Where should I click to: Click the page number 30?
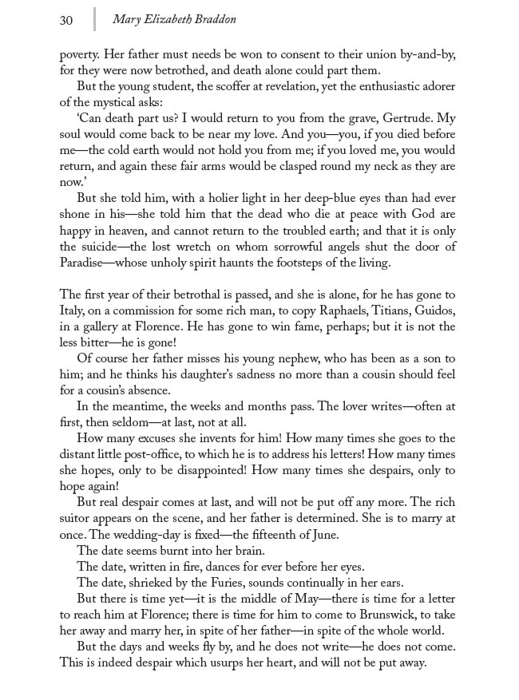click(66, 20)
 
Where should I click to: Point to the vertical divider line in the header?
click(94, 19)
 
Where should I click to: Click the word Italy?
click(74, 310)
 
